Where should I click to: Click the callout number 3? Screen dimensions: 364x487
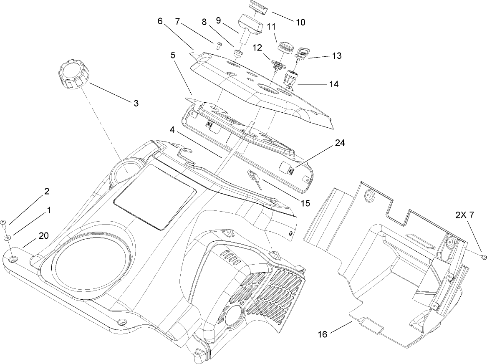coord(136,103)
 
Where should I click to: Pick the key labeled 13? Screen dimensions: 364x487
coord(301,53)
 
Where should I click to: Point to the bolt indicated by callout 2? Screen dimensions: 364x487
coord(3,223)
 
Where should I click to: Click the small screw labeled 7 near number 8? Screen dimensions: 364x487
coord(219,45)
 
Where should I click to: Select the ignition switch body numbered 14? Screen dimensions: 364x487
coord(290,78)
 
